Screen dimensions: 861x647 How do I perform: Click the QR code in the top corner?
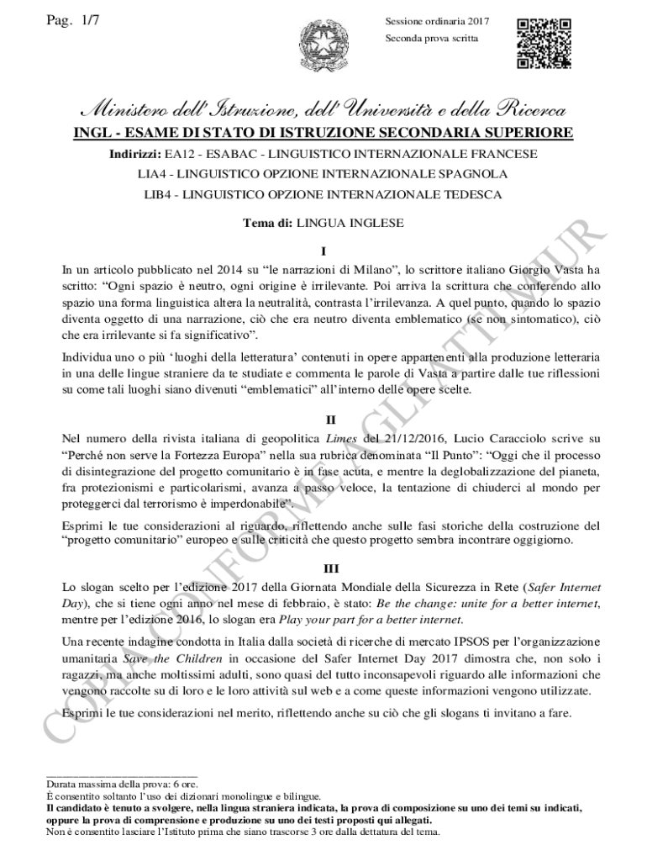544,43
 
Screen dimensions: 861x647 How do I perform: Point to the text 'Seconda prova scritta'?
432,39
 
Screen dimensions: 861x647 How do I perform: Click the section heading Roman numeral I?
323,251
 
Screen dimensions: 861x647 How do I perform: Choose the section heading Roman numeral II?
323,420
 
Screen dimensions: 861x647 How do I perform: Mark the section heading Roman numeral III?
323,569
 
